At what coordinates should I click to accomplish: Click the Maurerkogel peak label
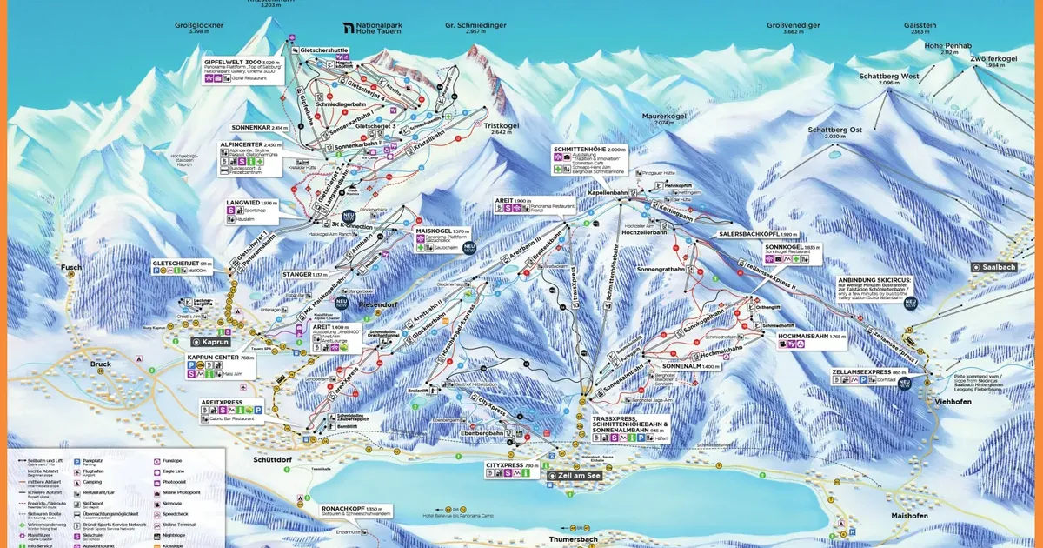(664, 116)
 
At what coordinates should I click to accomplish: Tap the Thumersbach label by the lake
(572, 539)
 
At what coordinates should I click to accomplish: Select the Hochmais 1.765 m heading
(813, 335)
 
